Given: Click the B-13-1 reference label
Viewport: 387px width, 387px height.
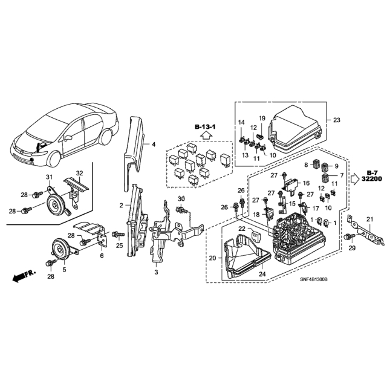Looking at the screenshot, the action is (205, 127).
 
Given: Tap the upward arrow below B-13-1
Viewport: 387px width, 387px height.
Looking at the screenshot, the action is (206, 135).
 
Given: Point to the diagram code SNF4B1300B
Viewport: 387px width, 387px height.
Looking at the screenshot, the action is (314, 279).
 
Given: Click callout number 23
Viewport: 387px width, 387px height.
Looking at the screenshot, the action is (337, 120).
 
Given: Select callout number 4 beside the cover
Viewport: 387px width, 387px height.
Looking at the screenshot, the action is (154, 144).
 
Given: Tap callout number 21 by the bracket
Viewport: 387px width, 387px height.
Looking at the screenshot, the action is (369, 219).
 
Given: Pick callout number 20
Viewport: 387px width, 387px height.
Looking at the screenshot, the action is (212, 258).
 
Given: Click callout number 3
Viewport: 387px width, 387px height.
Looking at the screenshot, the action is (156, 272).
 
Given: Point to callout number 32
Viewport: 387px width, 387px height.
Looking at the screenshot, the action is (79, 173).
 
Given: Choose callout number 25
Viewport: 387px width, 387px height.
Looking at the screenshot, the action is (120, 246).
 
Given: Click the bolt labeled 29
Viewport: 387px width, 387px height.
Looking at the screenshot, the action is (348, 236).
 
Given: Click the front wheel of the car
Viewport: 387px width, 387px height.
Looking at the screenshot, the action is (54, 159).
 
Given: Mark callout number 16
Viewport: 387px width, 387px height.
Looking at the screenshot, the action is (306, 183).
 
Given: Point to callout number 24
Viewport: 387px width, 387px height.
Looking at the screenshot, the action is (262, 274).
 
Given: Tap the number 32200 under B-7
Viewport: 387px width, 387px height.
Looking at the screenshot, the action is (372, 179).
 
